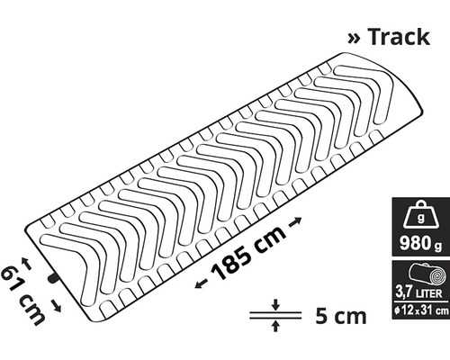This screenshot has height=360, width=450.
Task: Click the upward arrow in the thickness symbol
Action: pyautogui.click(x=275, y=328)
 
